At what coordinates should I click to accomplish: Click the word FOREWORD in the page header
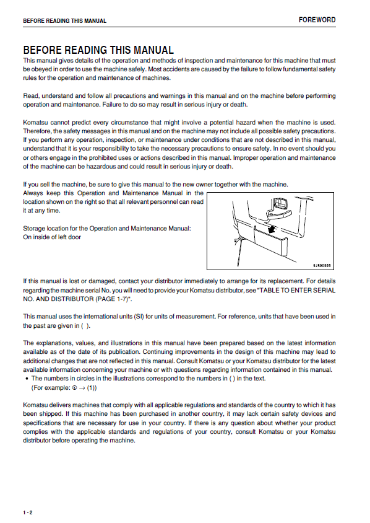[317, 20]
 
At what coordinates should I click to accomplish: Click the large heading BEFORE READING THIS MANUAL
[98, 50]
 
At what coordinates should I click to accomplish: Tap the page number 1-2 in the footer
[28, 512]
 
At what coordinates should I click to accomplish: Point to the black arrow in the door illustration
[272, 229]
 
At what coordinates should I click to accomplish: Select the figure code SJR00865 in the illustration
[322, 265]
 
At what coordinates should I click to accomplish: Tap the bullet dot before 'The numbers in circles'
[27, 379]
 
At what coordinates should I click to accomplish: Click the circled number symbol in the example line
[75, 387]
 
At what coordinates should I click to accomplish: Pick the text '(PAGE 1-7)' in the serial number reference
[113, 299]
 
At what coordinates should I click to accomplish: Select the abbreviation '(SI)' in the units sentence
[139, 316]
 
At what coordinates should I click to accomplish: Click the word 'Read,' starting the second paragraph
[32, 95]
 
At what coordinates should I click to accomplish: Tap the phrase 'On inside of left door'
[52, 237]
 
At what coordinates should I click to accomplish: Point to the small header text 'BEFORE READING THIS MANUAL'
[64, 20]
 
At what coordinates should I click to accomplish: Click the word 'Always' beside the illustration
[33, 193]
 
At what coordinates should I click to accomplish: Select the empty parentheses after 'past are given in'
[85, 325]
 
